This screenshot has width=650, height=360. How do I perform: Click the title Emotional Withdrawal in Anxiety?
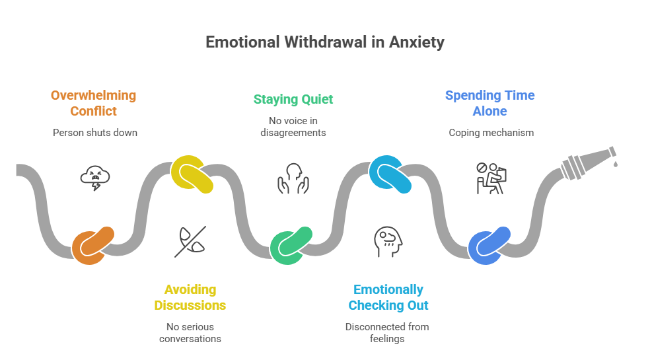point(324,42)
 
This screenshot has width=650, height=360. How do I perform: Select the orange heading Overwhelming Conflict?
point(94,103)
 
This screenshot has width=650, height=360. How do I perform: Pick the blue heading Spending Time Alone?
point(489,103)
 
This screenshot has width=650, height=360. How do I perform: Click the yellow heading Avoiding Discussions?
point(190,297)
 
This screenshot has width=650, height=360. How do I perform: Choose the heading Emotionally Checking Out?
point(388,297)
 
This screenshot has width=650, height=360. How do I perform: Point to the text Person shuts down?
point(94,132)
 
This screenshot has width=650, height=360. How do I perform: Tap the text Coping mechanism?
point(491,132)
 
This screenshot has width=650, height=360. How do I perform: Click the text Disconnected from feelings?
point(388,332)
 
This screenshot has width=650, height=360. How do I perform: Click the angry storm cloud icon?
point(94,177)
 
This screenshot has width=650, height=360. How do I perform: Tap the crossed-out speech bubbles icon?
point(190,242)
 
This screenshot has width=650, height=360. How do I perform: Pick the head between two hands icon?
point(293,178)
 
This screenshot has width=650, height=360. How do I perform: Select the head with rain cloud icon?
point(388,242)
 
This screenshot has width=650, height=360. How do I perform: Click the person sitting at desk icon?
point(491,178)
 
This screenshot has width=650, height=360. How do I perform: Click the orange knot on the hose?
point(93,246)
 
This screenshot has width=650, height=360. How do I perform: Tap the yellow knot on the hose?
point(192,174)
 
